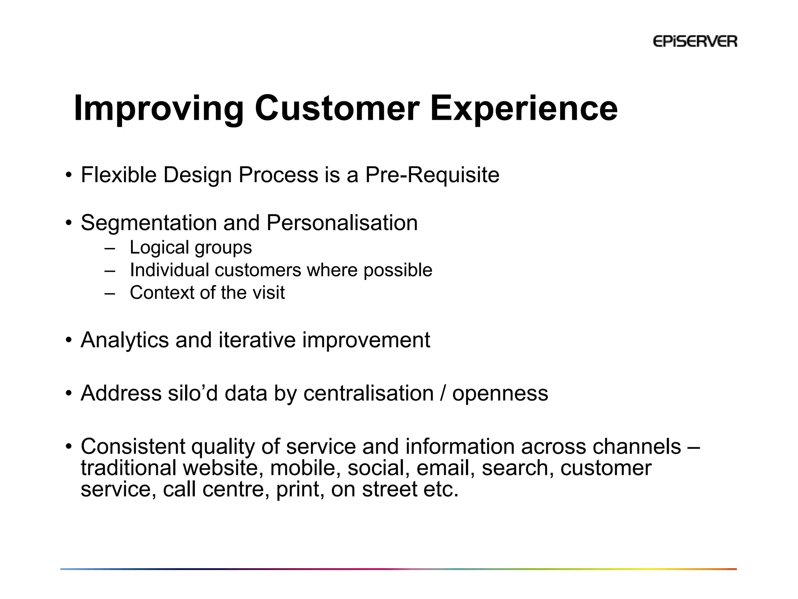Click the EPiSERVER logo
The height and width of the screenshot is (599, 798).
tap(695, 41)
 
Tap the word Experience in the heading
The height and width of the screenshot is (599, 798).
tap(523, 109)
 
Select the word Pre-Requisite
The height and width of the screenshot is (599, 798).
tap(432, 175)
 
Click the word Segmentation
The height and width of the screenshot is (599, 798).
tap(148, 223)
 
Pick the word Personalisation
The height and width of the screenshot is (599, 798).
tap(342, 223)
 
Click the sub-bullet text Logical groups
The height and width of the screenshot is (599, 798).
tap(191, 248)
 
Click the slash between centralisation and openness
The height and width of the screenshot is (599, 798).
tap(443, 393)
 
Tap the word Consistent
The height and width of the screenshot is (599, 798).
tap(132, 447)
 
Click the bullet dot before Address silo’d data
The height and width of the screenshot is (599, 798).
tap(69, 393)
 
